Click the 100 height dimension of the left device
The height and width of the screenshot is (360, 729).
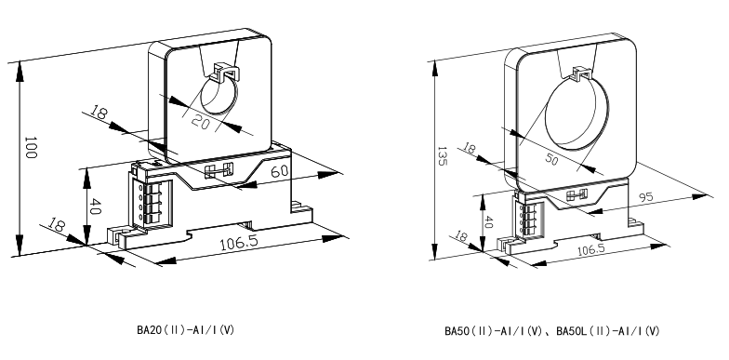[x=30, y=147]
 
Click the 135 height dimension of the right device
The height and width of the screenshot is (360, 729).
[x=443, y=156]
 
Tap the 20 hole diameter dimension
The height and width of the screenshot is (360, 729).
[x=201, y=123]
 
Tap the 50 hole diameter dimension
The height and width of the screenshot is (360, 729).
[x=551, y=160]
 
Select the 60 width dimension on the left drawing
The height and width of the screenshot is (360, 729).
[x=279, y=171]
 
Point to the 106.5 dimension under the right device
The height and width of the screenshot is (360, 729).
[x=591, y=249]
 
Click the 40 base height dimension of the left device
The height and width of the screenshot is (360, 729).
[x=95, y=207]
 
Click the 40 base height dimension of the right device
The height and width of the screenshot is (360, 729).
[x=487, y=221]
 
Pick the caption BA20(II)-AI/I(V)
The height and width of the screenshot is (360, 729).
[x=186, y=330]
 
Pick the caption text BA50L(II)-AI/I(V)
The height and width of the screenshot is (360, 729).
[x=608, y=331]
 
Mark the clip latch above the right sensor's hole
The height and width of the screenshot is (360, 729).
[x=582, y=74]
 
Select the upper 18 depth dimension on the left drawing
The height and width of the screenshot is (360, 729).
[x=99, y=113]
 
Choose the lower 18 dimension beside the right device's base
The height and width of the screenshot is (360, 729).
[x=461, y=236]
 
